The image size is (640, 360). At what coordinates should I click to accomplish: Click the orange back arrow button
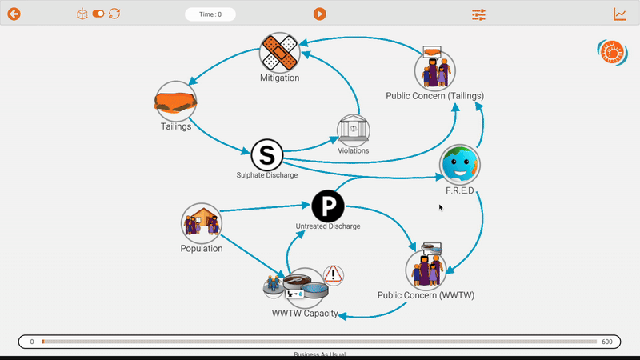coord(14,14)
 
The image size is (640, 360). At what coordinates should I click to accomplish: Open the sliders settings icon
coord(478,14)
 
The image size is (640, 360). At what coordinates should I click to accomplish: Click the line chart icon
coord(620,14)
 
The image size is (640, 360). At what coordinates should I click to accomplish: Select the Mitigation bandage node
coord(279,53)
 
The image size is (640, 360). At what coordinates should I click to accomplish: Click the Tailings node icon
coord(176,101)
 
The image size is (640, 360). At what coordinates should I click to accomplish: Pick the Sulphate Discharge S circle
coord(267,154)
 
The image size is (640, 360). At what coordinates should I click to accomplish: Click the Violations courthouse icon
coord(354,130)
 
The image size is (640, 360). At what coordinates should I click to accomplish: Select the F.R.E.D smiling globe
coord(460,166)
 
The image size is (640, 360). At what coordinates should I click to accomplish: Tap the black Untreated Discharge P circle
coord(327,206)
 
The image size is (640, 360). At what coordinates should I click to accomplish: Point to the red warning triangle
coord(334,274)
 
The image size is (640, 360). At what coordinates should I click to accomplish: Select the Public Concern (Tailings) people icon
coord(434,70)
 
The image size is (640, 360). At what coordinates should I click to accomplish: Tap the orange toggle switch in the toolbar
coord(98,14)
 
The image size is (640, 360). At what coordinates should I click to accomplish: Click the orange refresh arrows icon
coord(114,14)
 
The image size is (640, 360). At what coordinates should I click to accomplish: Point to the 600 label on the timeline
coord(607,342)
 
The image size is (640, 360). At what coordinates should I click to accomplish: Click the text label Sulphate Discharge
coord(266,174)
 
